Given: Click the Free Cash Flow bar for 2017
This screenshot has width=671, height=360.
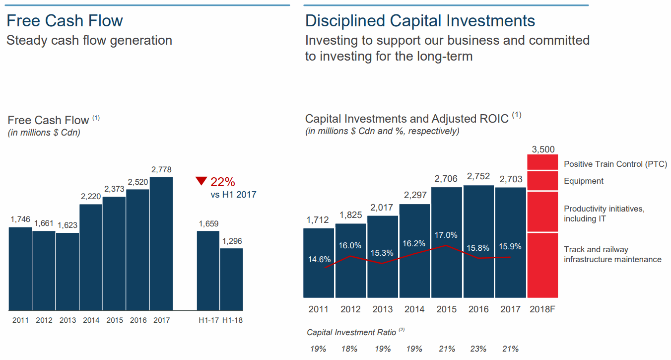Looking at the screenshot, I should [161, 243].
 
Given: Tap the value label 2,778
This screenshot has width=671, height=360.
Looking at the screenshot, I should [161, 170].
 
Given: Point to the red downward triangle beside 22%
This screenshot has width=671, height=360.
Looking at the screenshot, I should [201, 181].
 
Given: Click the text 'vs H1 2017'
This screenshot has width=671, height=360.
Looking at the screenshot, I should [233, 195].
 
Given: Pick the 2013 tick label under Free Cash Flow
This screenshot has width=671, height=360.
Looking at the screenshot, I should [67, 320].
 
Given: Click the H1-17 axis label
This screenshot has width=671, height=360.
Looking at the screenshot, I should [208, 320].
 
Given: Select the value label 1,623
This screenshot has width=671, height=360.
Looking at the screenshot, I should [67, 225].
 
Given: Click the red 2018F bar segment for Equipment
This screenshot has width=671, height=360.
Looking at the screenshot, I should [543, 181].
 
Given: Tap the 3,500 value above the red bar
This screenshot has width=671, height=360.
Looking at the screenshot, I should [543, 149].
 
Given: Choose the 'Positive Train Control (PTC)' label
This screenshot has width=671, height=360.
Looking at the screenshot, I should [615, 164].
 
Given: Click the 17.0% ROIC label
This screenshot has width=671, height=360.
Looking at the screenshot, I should [447, 235].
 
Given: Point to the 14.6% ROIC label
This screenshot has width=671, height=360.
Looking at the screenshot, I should [319, 259].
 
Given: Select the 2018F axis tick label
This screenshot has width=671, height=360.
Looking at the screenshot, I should [543, 309].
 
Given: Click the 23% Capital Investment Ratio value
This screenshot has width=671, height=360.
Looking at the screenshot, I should [478, 349].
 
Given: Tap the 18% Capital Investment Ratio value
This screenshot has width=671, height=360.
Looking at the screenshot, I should [349, 349].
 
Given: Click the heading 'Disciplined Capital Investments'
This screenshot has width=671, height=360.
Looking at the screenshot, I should [420, 21].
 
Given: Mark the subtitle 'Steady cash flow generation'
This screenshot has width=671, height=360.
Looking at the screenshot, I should [89, 40].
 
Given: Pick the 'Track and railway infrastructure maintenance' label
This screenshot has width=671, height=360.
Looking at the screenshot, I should [612, 254].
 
